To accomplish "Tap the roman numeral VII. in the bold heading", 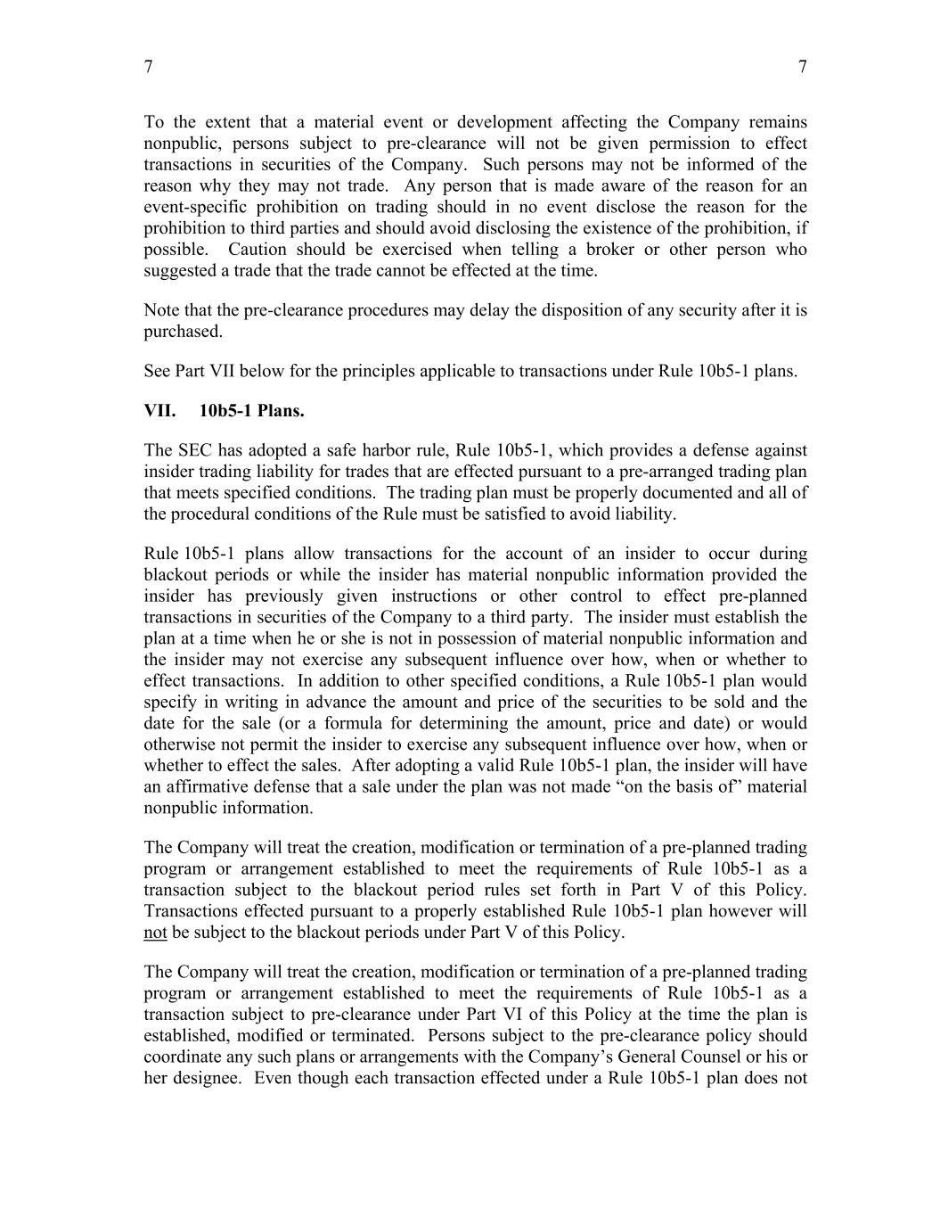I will point(159,411).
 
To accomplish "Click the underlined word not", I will point(155,933).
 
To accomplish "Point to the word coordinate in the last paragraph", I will point(181,1057).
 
